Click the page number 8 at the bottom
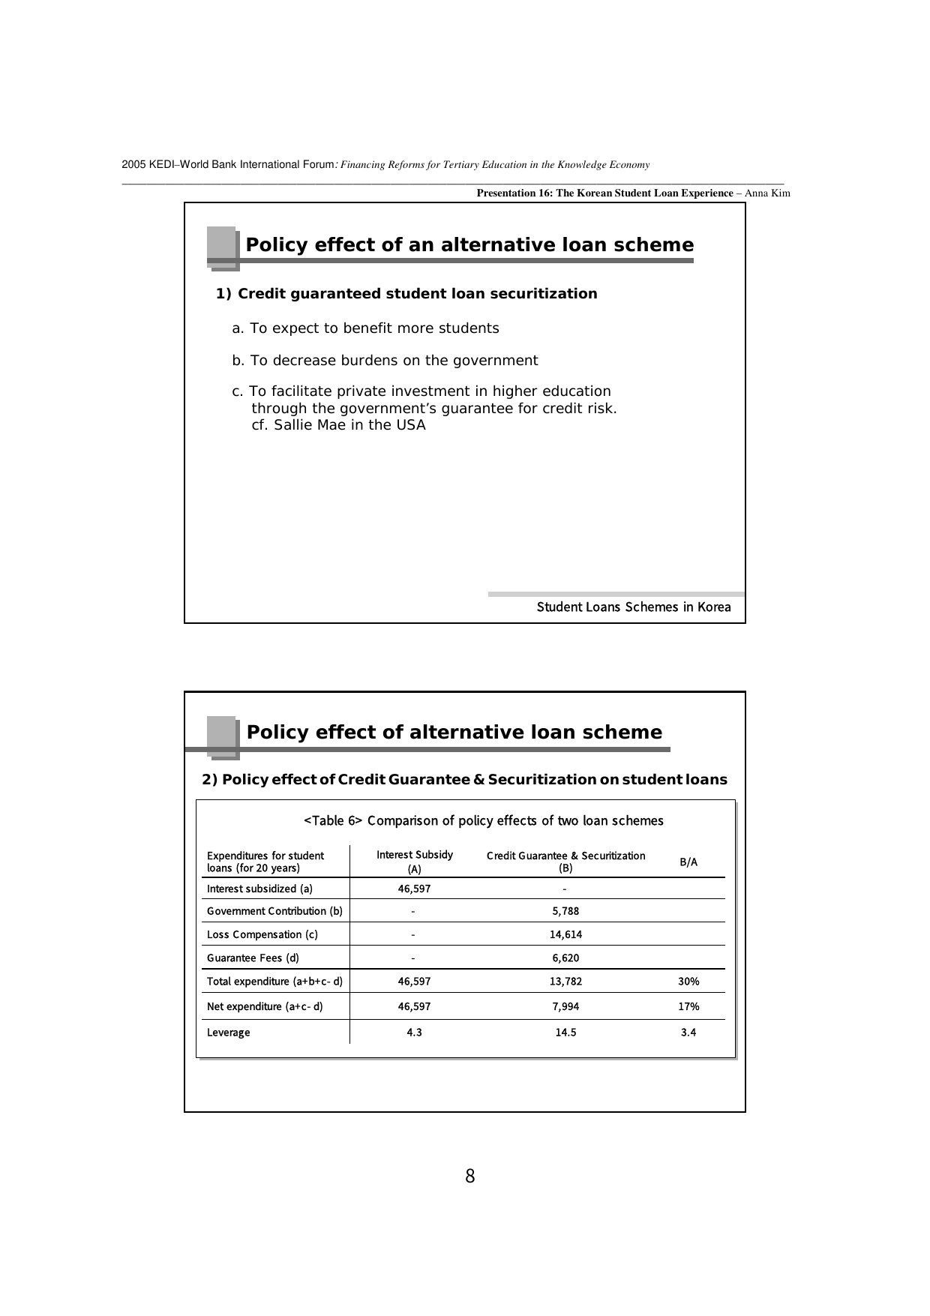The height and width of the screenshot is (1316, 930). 470,1177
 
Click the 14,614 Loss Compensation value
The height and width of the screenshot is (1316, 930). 565,934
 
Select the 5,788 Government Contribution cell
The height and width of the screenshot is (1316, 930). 565,911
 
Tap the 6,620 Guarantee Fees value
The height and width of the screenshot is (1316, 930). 565,958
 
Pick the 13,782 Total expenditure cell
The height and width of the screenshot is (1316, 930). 565,981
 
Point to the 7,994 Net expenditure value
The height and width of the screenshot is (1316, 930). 565,1006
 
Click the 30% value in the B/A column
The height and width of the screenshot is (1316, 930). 688,981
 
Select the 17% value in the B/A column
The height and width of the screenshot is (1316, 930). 688,1006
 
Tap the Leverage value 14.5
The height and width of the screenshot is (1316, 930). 565,1032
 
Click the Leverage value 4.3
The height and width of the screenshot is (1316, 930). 414,1032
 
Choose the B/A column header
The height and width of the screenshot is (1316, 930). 688,862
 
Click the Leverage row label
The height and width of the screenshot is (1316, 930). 229,1033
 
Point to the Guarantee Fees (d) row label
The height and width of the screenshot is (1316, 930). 253,958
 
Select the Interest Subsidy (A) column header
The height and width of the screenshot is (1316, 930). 415,862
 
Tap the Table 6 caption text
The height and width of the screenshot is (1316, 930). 483,820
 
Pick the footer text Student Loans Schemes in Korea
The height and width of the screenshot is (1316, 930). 634,607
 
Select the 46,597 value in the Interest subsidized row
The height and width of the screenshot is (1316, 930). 414,889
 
